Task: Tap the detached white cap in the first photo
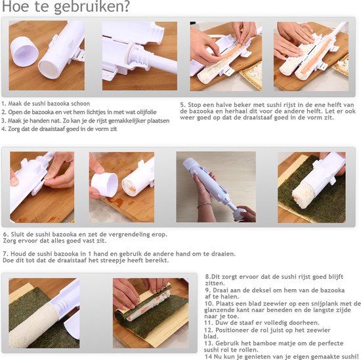click(x=24, y=51)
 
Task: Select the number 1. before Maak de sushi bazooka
click(x=4, y=104)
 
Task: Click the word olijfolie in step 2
click(x=146, y=112)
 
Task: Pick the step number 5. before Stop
click(x=183, y=105)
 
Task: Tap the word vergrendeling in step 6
click(x=129, y=235)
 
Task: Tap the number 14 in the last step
click(x=208, y=356)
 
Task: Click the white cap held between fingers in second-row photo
click(x=104, y=185)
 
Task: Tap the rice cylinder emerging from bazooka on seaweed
click(x=303, y=194)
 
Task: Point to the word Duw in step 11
click(x=221, y=323)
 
